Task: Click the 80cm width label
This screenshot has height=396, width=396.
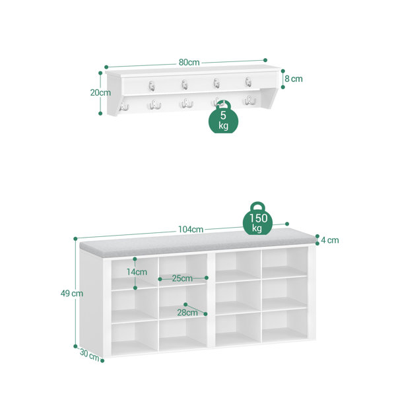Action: (x=189, y=63)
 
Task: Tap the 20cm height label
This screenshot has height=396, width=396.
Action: (x=100, y=92)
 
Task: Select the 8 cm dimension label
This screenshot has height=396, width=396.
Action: (x=294, y=79)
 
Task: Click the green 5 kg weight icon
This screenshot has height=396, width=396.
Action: (x=223, y=117)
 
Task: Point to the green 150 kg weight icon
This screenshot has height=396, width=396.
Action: (x=257, y=218)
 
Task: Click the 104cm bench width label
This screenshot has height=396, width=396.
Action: (x=191, y=229)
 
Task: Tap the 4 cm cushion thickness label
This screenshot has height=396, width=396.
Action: (x=330, y=240)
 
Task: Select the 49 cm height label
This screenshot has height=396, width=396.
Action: (x=72, y=294)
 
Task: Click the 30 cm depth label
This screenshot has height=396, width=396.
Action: (x=89, y=355)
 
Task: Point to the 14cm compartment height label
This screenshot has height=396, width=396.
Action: (x=137, y=272)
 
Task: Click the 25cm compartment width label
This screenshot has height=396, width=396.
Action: (x=182, y=279)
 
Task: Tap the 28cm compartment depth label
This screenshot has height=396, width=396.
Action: (x=187, y=313)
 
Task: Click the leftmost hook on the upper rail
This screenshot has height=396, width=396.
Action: (x=152, y=86)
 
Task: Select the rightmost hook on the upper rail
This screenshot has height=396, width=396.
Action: (x=248, y=82)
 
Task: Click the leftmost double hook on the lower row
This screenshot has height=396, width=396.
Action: (x=124, y=106)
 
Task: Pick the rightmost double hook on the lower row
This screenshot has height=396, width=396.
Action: (x=249, y=100)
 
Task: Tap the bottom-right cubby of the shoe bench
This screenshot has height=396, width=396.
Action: (x=285, y=325)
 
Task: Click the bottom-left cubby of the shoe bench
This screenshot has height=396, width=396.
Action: (x=135, y=339)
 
